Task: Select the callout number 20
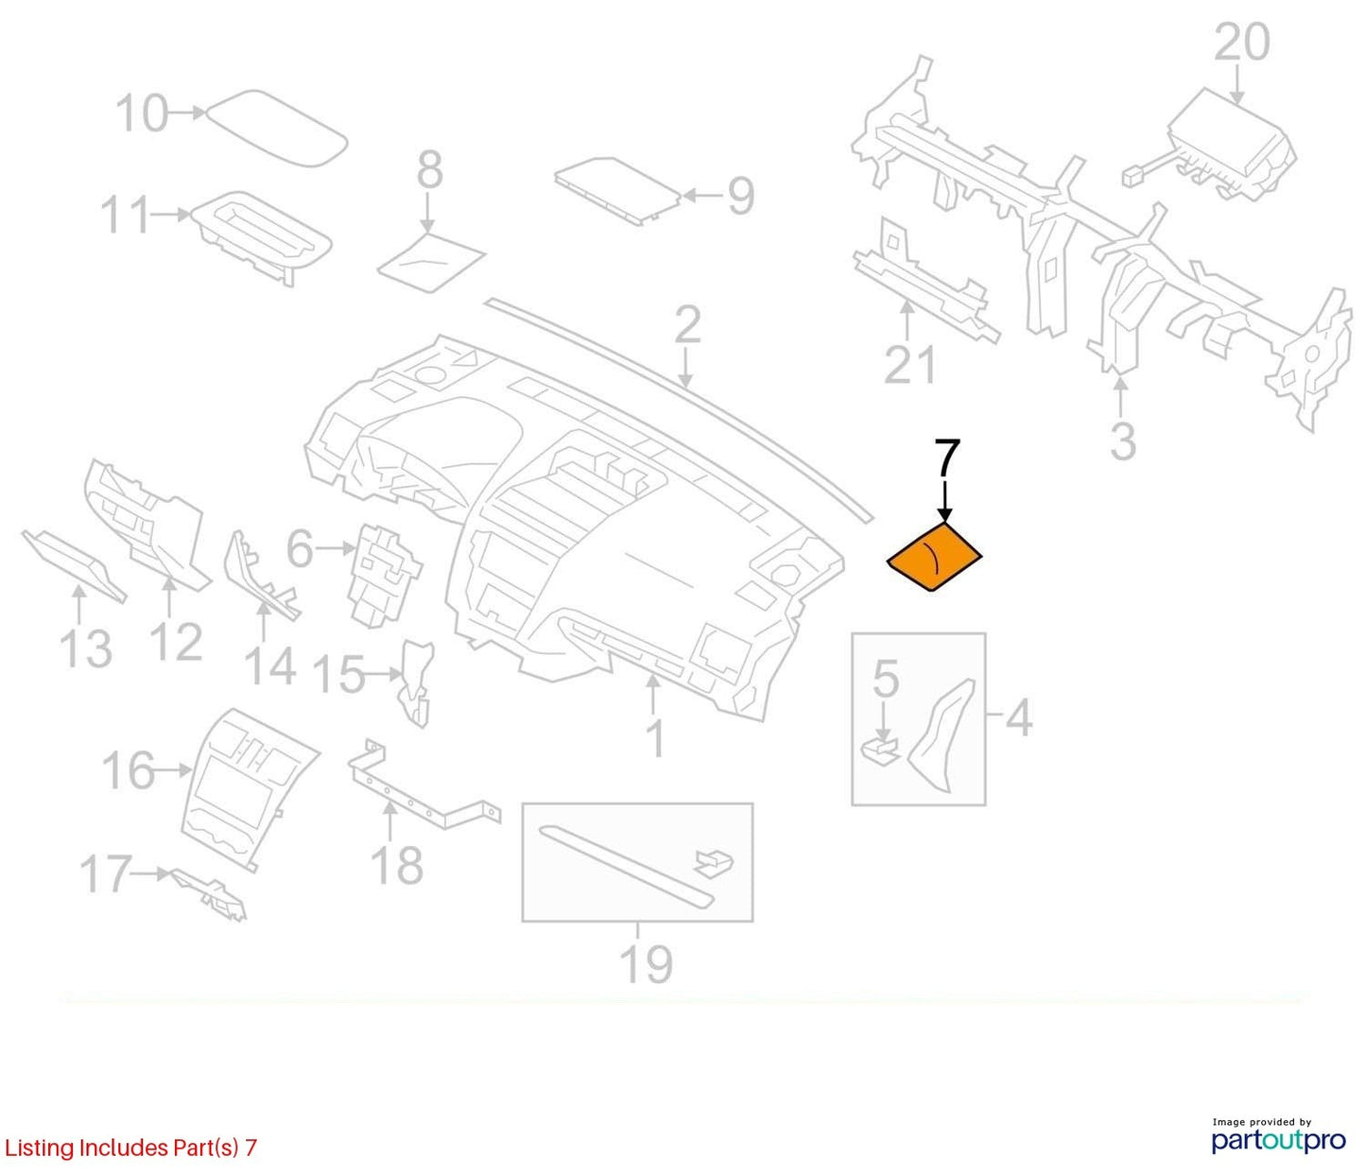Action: (1242, 43)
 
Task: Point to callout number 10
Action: (142, 113)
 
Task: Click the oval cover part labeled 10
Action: (277, 127)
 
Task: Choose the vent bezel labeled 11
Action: (262, 238)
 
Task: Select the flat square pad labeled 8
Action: (431, 262)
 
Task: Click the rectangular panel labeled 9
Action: (618, 192)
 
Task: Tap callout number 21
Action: (909, 365)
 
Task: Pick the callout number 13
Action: (85, 648)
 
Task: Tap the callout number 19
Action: (647, 965)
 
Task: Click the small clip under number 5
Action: (879, 751)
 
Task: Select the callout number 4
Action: (1019, 718)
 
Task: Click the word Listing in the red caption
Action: (39, 1148)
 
